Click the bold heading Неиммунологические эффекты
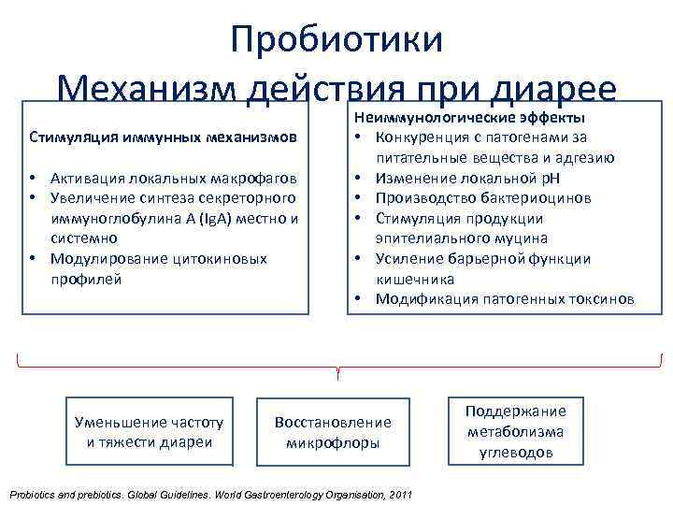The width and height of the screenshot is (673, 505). click(x=468, y=119)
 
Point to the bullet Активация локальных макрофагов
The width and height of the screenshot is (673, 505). click(x=176, y=178)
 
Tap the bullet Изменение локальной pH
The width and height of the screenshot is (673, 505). click(x=467, y=178)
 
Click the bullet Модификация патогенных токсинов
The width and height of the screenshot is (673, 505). click(x=505, y=299)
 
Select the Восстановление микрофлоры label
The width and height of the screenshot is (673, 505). click(x=333, y=432)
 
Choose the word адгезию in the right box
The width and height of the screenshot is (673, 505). click(x=586, y=158)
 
